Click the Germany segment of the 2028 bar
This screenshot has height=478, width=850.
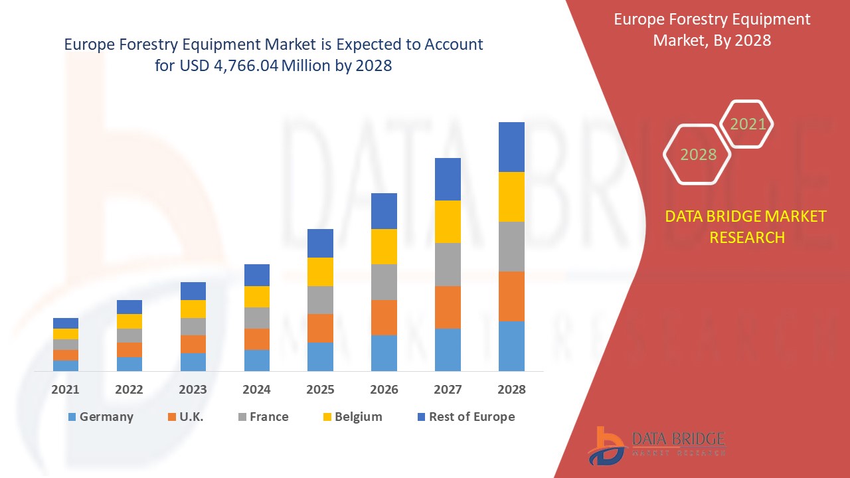(511, 346)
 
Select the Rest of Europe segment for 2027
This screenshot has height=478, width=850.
(448, 179)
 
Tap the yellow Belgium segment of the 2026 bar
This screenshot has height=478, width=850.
(384, 246)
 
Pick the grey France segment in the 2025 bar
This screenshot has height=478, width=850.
(320, 300)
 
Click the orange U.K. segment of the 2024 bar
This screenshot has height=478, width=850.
(257, 339)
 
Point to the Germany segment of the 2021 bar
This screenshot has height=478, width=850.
(66, 365)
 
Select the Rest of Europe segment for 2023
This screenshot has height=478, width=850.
(193, 291)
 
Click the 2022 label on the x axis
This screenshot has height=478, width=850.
(129, 390)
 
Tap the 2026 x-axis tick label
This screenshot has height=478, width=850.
(384, 390)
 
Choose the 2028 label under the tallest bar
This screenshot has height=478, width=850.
(511, 390)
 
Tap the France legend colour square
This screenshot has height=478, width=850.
(242, 417)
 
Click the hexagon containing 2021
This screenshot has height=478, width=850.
(748, 124)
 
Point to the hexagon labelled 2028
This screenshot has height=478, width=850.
(698, 155)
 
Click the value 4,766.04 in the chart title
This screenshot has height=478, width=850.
(246, 66)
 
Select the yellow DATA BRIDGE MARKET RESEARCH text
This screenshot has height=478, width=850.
(746, 226)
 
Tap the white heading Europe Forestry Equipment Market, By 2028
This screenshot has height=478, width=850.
(712, 30)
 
